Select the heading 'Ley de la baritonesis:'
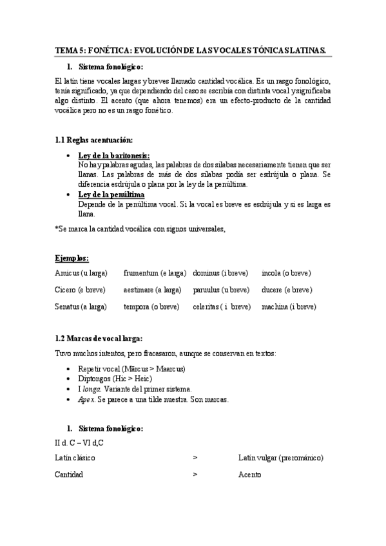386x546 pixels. pyautogui.click(x=113, y=156)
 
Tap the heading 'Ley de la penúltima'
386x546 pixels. pyautogui.click(x=111, y=194)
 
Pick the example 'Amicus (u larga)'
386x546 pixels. pyautogui.click(x=81, y=273)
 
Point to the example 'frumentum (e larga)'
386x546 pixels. pyautogui.click(x=155, y=273)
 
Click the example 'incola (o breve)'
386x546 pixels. pyautogui.click(x=286, y=273)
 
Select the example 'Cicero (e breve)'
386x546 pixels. pyautogui.click(x=81, y=290)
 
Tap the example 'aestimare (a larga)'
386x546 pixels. pyautogui.click(x=153, y=290)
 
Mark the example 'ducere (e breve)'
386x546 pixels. pyautogui.click(x=287, y=290)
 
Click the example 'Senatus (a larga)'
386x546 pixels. pyautogui.click(x=81, y=307)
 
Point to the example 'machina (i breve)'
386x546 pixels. pyautogui.click(x=289, y=307)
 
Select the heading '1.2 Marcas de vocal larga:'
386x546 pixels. pyautogui.click(x=99, y=339)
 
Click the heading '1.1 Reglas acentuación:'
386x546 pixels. pyautogui.click(x=94, y=140)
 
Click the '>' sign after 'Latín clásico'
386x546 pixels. pyautogui.click(x=195, y=458)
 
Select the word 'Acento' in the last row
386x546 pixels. pyautogui.click(x=249, y=475)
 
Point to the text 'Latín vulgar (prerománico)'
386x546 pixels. pyautogui.click(x=280, y=458)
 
